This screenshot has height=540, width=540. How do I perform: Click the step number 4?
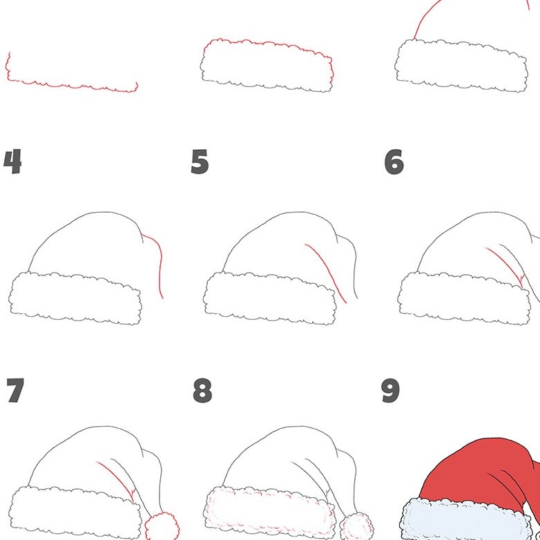tap(12, 162)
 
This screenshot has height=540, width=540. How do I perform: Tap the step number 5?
tap(200, 162)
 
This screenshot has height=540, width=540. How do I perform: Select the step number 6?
tap(394, 162)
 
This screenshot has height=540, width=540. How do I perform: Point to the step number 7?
tap(15, 391)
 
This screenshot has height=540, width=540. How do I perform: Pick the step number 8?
tap(202, 391)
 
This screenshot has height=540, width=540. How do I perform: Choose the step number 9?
tap(391, 391)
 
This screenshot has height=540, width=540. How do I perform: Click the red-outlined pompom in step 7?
tap(161, 525)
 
